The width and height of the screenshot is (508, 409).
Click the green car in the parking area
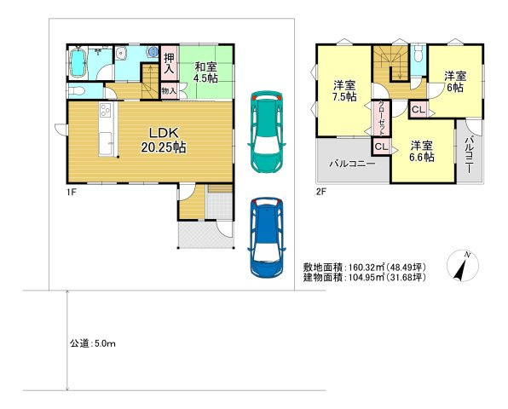(x=270, y=132)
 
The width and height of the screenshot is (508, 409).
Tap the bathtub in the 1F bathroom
(x=78, y=63)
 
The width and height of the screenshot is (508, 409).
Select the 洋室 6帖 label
(x=454, y=82)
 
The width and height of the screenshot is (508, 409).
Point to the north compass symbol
(x=460, y=267)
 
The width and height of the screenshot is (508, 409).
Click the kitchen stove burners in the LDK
(x=106, y=112)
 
